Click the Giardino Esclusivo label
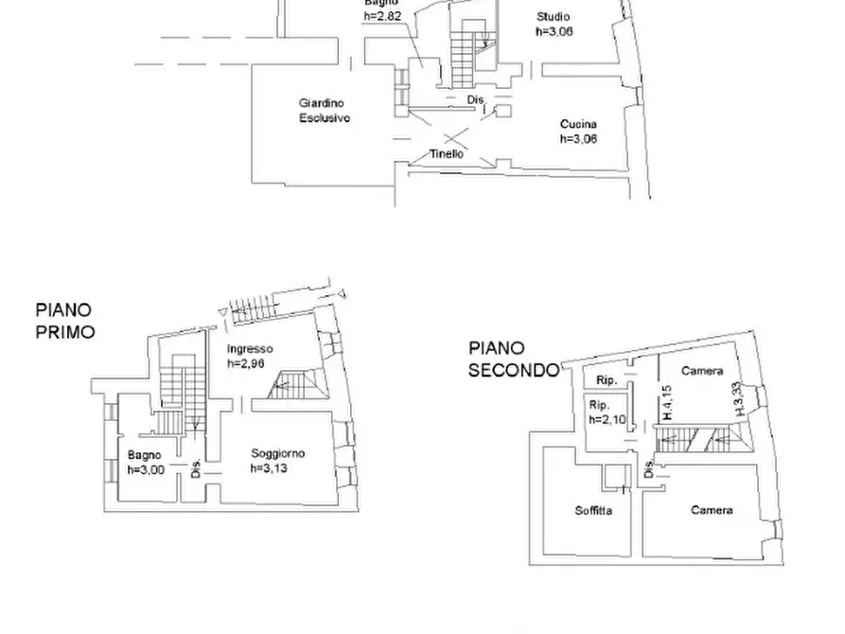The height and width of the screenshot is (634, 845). click(325, 111)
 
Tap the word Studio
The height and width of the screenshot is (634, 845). click(553, 17)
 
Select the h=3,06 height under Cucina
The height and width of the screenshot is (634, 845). click(578, 138)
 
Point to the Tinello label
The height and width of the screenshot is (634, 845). click(446, 153)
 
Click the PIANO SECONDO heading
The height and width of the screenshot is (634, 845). click(513, 360)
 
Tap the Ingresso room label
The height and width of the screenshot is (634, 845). click(250, 348)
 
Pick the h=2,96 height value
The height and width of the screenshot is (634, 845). click(250, 361)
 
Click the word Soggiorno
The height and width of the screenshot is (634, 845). click(278, 453)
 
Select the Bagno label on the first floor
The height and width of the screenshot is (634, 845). click(144, 455)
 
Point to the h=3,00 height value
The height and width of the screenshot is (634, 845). click(146, 469)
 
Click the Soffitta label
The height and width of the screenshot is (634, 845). click(593, 511)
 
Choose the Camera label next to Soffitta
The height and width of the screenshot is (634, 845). click(712, 510)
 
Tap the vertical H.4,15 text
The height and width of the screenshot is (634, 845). click(666, 403)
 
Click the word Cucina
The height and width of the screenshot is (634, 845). click(578, 124)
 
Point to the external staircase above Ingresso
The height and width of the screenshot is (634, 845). click(247, 307)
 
